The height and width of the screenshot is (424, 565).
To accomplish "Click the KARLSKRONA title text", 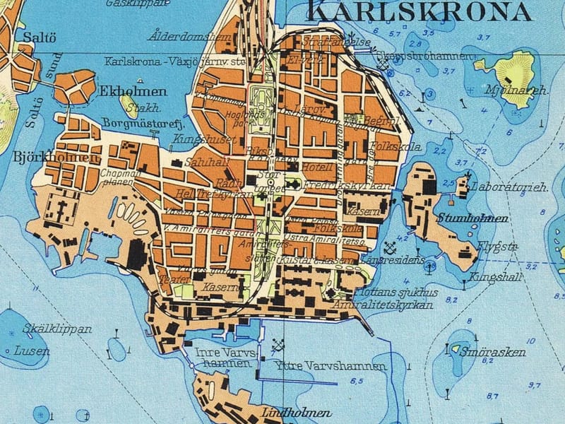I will (x=420, y=11).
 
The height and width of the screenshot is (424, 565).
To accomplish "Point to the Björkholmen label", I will (x=56, y=157).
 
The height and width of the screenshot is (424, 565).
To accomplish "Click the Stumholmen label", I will (x=472, y=218).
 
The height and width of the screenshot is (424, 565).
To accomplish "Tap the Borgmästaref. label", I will (x=138, y=123).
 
